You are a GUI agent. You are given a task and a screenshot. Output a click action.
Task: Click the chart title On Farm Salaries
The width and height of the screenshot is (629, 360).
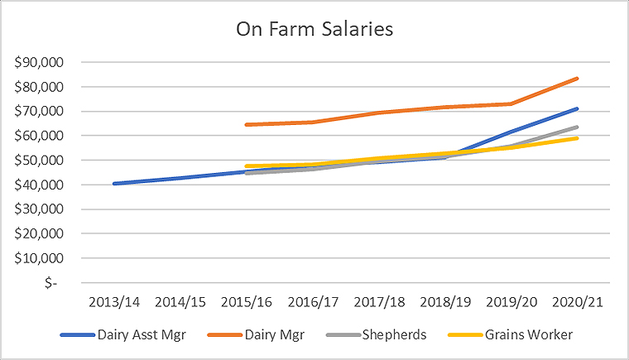pyautogui.click(x=314, y=29)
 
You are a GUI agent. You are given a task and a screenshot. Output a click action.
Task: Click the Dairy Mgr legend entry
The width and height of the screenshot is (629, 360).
pyautogui.click(x=263, y=335)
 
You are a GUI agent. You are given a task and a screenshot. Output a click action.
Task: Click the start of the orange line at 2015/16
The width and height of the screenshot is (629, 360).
pyautogui.click(x=247, y=125)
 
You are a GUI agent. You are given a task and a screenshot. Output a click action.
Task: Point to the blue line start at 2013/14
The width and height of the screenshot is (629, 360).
pyautogui.click(x=114, y=184)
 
